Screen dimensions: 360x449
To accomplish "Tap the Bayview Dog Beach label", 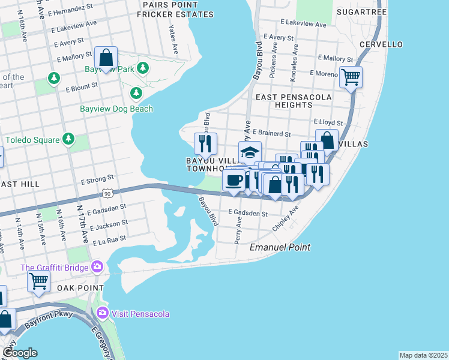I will (x=116, y=109).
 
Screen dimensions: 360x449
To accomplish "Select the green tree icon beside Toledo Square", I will (x=68, y=140).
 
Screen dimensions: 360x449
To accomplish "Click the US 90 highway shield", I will (x=107, y=193).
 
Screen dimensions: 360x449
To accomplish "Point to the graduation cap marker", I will (x=250, y=152).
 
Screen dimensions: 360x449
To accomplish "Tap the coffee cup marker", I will (x=234, y=179).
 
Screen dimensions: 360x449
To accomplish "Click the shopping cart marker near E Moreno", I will (x=350, y=77).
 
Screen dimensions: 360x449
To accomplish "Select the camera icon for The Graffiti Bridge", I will (x=97, y=267).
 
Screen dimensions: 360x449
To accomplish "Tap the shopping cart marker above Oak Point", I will (x=38, y=280).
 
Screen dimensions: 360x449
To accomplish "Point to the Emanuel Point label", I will (x=275, y=247).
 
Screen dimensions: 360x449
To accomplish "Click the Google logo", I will (x=20, y=353).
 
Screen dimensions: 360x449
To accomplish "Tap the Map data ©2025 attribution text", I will (x=423, y=355).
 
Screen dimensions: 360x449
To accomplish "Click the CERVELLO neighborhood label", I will (x=381, y=44).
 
